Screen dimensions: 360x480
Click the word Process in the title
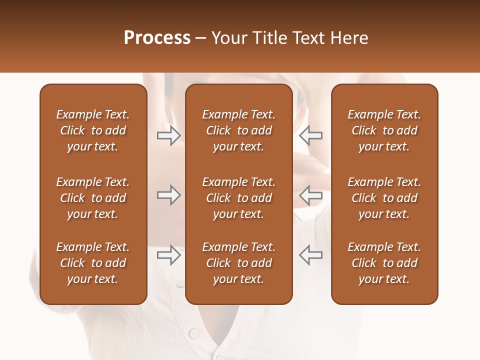[157, 38]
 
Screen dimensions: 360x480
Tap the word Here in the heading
[349, 38]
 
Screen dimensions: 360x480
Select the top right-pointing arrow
[169, 135]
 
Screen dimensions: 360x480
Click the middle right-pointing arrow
[169, 195]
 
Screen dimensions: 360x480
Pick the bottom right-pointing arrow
[169, 255]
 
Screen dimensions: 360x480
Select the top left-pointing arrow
[310, 135]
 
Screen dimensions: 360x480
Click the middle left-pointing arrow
[310, 195]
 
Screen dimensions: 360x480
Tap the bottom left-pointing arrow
[310, 255]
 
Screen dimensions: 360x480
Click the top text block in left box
[93, 130]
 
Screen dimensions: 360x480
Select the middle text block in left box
[93, 198]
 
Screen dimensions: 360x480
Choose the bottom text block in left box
[93, 263]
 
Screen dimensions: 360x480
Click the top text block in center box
[238, 130]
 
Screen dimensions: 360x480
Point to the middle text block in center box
[238, 198]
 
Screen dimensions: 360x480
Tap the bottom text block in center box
[238, 263]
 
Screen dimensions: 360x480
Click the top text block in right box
[384, 130]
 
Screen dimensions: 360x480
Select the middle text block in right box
[384, 198]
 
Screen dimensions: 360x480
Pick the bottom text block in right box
[384, 263]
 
